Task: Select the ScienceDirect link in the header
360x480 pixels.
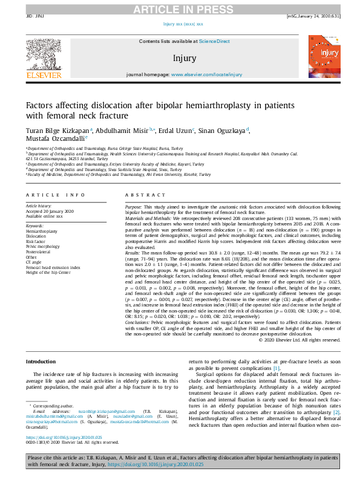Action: [215, 41]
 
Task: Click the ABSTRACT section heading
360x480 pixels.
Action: [142, 195]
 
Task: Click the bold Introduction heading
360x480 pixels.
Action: [41, 362]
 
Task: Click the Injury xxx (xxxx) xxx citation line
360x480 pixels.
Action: [183, 25]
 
